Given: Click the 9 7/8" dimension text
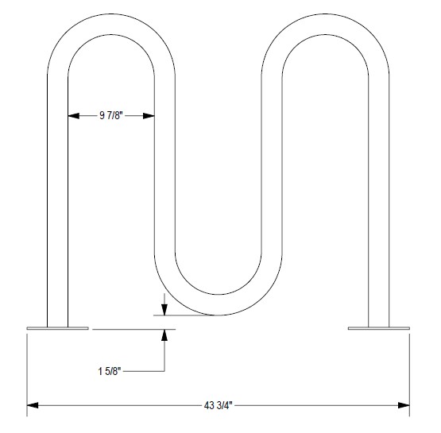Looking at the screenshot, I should click(110, 116).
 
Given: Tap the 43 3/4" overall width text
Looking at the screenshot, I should click(219, 406).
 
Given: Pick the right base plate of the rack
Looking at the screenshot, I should click(377, 327).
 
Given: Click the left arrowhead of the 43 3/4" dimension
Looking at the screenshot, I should click(33, 406).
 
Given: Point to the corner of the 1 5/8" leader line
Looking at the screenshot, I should click(164, 370).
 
